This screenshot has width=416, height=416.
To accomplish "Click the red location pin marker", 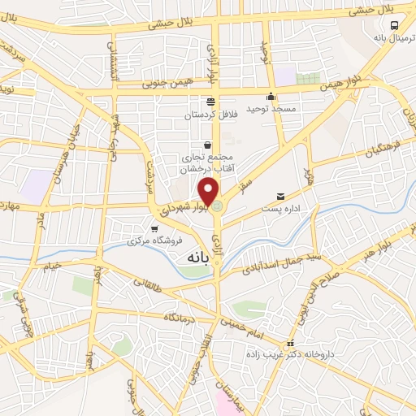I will coord(209,192).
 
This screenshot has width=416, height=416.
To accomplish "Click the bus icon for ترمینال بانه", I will coord(394,26).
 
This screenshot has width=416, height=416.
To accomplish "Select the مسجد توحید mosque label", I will coord(271,108).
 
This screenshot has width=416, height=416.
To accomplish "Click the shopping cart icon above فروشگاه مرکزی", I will coord(154,229).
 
